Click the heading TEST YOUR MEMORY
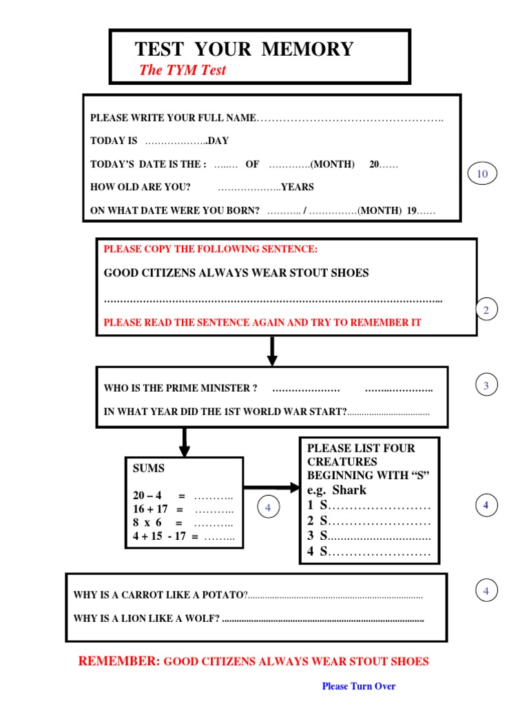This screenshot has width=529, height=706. tap(244, 49)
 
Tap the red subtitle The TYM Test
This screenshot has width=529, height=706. tap(182, 70)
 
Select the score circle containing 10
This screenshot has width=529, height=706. tap(481, 174)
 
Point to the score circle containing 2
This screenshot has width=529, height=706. tap(486, 311)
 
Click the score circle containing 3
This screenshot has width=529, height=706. tap(486, 386)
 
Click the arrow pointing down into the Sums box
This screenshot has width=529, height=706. tap(184, 442)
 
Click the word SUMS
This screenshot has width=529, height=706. tap(149, 468)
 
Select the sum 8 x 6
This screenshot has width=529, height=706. tap(147, 523)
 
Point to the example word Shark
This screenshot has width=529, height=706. tap(349, 490)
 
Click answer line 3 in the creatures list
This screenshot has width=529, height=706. tap(369, 536)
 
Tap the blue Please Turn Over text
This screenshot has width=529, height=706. tap(359, 686)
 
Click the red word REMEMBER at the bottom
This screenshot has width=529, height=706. tap(119, 661)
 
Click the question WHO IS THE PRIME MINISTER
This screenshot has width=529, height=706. tap(180, 388)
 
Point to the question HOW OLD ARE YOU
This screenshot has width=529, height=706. tap(141, 187)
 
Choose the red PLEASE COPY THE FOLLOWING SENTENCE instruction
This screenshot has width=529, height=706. tap(211, 249)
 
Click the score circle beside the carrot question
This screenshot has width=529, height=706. tap(486, 591)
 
